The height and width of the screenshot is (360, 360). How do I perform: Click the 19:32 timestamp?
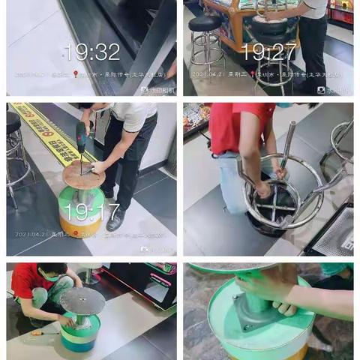(x=91, y=52)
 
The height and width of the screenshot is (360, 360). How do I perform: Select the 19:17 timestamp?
(x=91, y=212)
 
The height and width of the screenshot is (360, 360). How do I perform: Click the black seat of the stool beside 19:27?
(x=205, y=23)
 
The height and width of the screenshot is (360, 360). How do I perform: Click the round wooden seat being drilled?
(x=84, y=174)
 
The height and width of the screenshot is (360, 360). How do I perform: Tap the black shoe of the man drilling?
(x=115, y=220)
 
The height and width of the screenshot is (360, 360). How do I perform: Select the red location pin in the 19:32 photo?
(x=75, y=74)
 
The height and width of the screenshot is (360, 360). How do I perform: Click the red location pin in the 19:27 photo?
(x=253, y=74)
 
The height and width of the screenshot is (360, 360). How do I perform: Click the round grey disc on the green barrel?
(x=82, y=301)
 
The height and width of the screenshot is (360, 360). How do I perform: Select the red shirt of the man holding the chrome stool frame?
(x=232, y=128)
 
